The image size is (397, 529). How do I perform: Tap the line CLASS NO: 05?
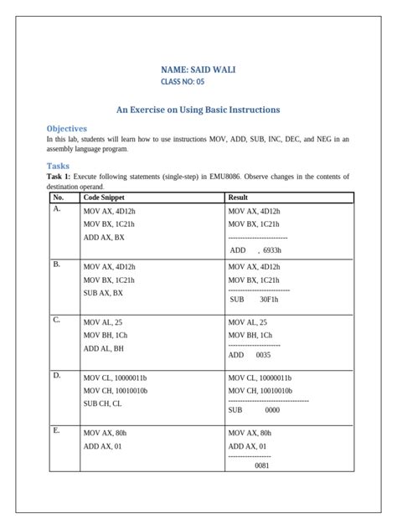(182, 82)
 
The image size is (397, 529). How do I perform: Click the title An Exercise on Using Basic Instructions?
(198, 110)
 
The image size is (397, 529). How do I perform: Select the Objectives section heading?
(67, 128)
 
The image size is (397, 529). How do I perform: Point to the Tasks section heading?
(58, 166)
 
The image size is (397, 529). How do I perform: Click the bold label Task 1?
(59, 177)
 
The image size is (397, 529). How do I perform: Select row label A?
(57, 209)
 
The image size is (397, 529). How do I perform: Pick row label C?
(57, 321)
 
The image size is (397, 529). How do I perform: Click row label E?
(56, 430)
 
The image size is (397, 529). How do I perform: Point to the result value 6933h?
(272, 249)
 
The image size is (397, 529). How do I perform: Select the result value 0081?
(261, 465)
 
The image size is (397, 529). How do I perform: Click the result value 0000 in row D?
(272, 410)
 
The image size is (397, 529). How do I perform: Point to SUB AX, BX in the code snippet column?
(103, 293)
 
